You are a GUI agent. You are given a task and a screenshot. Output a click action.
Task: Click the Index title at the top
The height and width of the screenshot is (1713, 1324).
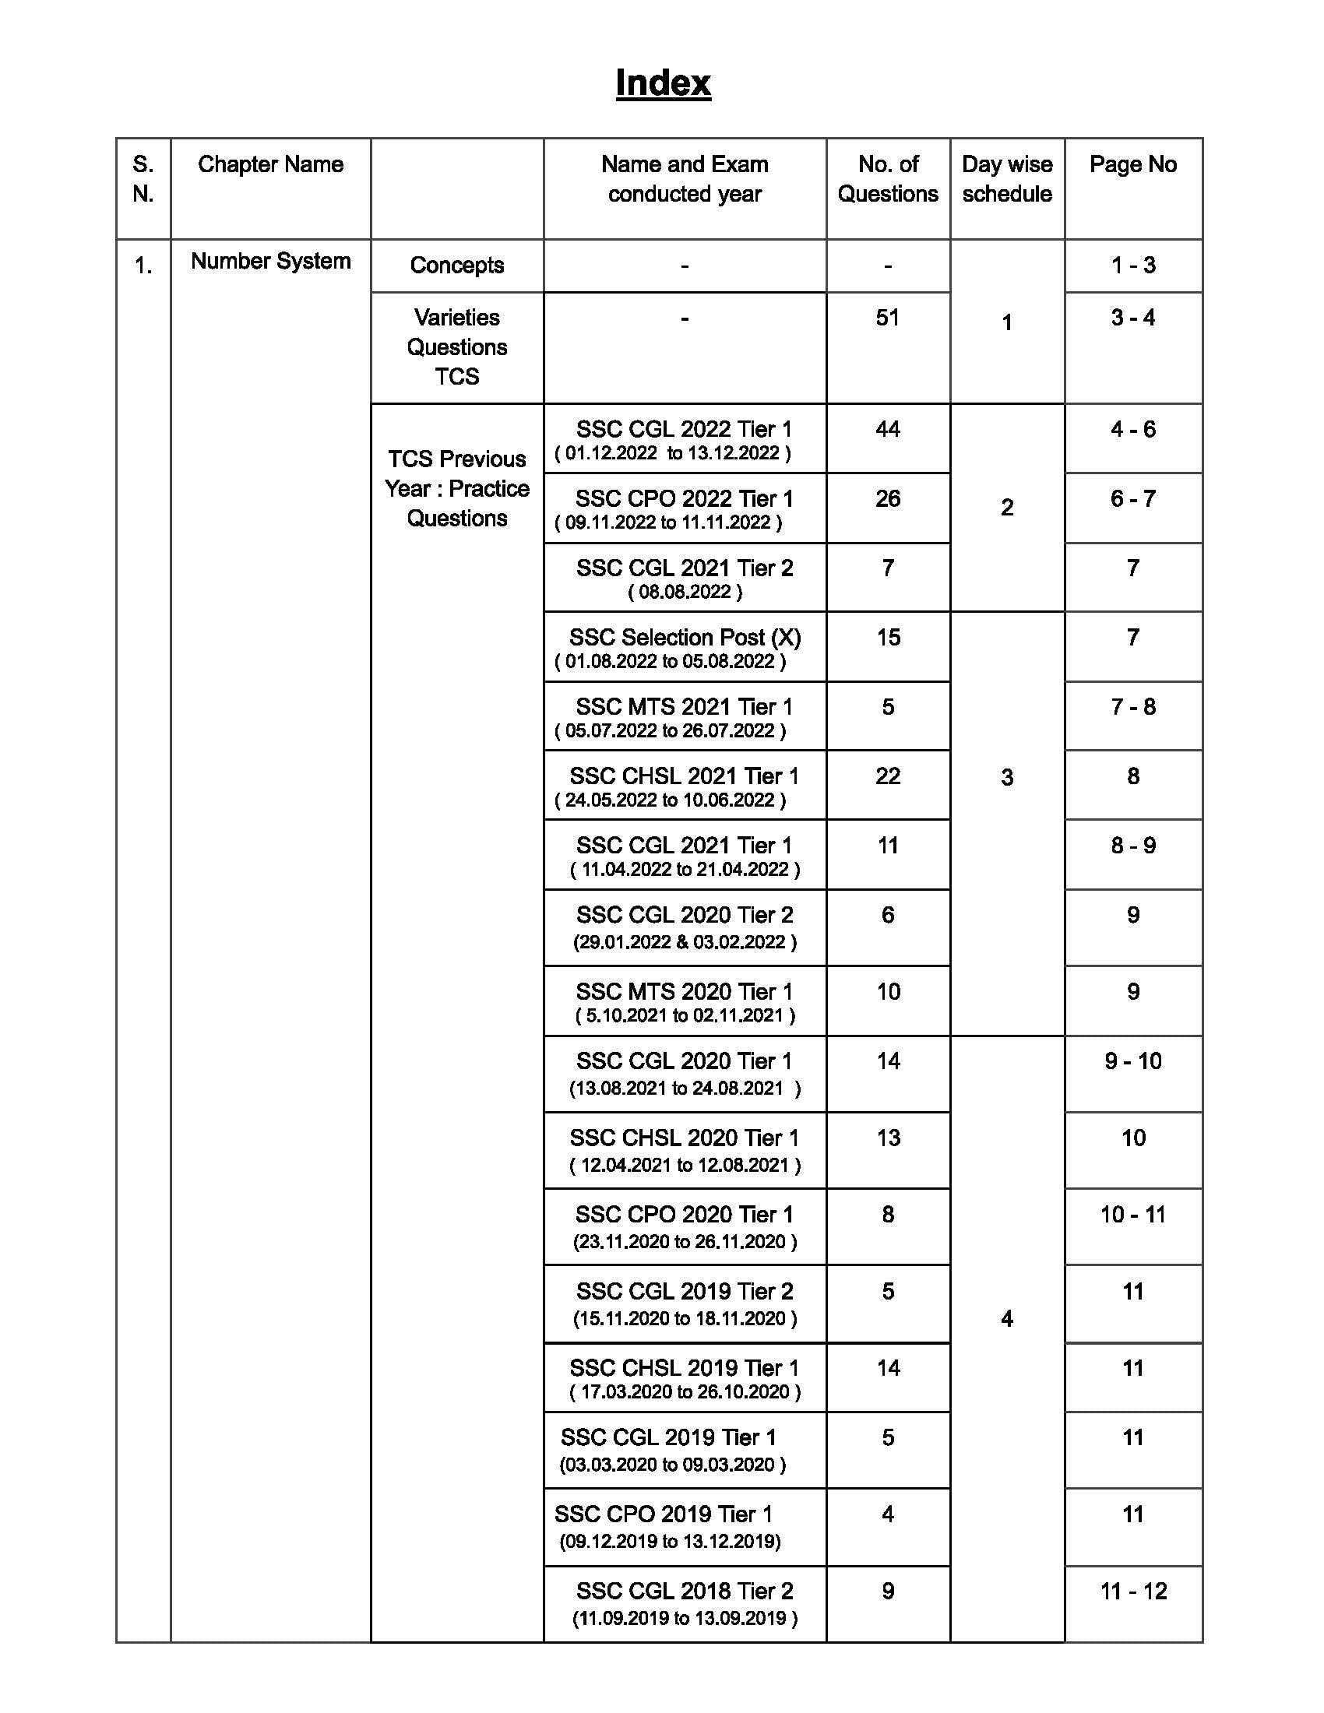pyautogui.click(x=663, y=83)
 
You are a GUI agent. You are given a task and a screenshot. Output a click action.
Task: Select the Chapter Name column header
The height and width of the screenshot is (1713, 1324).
pyautogui.click(x=270, y=165)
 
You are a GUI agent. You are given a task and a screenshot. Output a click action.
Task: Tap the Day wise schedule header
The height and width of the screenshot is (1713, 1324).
pyautogui.click(x=1007, y=179)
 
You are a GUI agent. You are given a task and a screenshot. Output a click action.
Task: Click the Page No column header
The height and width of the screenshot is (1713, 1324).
pyautogui.click(x=1132, y=165)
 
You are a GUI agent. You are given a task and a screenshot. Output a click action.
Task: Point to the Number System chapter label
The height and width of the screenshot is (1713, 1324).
pyautogui.click(x=270, y=261)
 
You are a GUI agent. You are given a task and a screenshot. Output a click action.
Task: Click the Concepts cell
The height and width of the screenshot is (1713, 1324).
pyautogui.click(x=456, y=265)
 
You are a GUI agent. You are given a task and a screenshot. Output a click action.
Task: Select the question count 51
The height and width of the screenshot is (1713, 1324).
pyautogui.click(x=887, y=318)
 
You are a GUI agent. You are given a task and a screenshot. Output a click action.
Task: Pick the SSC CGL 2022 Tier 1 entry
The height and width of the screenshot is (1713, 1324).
pyautogui.click(x=684, y=429)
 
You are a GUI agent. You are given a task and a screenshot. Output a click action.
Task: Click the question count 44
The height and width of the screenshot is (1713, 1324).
pyautogui.click(x=887, y=429)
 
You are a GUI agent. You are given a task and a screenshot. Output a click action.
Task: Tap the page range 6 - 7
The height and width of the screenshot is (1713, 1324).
pyautogui.click(x=1132, y=499)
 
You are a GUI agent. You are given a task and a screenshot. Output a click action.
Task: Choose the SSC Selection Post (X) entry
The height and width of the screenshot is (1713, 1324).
pyautogui.click(x=685, y=637)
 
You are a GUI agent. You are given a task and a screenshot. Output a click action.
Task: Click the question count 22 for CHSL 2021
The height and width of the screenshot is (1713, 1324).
pyautogui.click(x=887, y=776)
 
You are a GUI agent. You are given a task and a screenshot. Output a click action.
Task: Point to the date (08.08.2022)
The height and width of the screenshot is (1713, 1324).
pyautogui.click(x=685, y=593)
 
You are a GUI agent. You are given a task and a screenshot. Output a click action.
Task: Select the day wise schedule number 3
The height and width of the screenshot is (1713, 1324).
pyautogui.click(x=1007, y=777)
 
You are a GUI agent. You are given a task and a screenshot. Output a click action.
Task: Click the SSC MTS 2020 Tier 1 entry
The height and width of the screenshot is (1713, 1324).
pyautogui.click(x=684, y=991)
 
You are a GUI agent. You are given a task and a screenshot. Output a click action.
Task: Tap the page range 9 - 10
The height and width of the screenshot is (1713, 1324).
pyautogui.click(x=1132, y=1061)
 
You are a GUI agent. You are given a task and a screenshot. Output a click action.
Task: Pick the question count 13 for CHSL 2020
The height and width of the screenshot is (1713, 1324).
pyautogui.click(x=888, y=1138)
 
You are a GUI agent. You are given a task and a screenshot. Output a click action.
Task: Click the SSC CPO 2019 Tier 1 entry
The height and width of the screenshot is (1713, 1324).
pyautogui.click(x=664, y=1514)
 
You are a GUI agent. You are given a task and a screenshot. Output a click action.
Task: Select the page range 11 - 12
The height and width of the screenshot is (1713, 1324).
pyautogui.click(x=1133, y=1592)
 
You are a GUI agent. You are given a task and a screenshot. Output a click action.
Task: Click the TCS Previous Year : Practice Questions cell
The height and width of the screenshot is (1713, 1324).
pyautogui.click(x=456, y=489)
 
